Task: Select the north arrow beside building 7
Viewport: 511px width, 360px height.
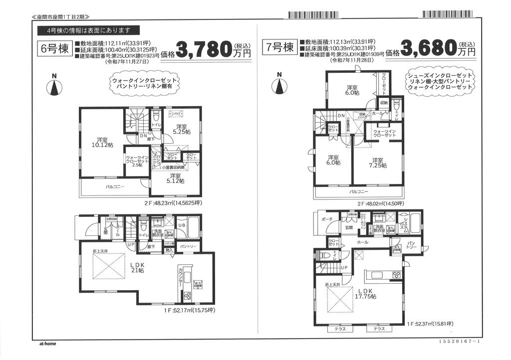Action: tap(279, 84)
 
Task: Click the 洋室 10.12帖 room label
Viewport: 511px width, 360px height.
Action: tap(102, 142)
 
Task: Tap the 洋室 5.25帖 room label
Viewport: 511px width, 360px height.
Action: tap(181, 129)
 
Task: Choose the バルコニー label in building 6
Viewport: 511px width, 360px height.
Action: tap(115, 187)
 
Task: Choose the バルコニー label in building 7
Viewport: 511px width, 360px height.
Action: tap(358, 191)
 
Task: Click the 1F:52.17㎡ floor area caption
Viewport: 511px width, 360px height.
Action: tap(189, 310)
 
